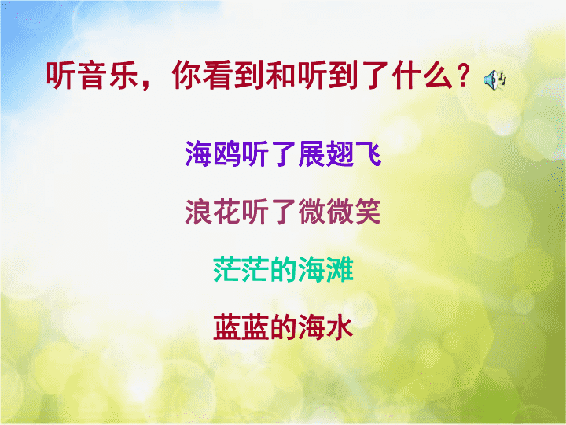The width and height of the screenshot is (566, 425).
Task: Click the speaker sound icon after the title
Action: pos(495,79)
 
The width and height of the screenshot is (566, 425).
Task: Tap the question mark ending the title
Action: pos(463,76)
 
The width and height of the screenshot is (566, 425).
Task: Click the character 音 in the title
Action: pos(94,76)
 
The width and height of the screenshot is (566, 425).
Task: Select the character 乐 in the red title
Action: pos(124,76)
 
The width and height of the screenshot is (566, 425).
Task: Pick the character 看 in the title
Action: pos(219,76)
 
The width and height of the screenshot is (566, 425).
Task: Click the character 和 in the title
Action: pos(281,76)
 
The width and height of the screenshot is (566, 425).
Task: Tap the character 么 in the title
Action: pos(438,76)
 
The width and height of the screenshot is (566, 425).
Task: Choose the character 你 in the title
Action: pos(187,76)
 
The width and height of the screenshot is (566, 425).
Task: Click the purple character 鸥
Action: pos(226,153)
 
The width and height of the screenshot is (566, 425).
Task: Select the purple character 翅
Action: pos(340,153)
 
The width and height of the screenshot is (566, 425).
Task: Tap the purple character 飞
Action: pos(368,153)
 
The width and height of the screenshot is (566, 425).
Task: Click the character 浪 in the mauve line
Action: pos(199,212)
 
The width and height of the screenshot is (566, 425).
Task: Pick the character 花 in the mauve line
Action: pos(226,212)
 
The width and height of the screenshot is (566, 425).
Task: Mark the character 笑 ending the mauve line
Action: pos(368,212)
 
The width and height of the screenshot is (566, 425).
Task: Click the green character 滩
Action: pos(340,269)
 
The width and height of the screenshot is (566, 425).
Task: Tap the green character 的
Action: pos(283,269)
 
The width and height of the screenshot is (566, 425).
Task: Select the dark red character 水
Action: pos(340,327)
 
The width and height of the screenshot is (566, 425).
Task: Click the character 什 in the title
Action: pos(407,76)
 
